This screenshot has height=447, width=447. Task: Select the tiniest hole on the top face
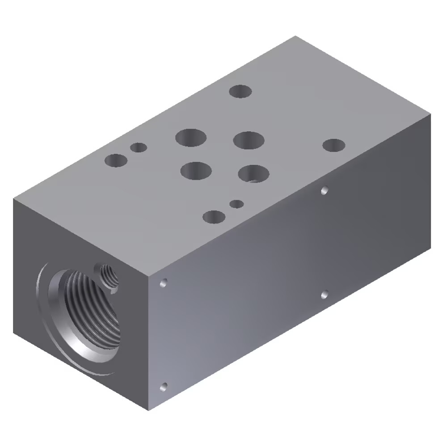236,204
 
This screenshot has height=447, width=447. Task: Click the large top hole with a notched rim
253,174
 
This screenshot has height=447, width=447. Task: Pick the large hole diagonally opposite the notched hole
191,137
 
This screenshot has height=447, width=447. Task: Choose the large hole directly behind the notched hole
248,140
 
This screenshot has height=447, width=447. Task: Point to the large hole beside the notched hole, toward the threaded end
196,170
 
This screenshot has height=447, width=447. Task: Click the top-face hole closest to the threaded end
116,160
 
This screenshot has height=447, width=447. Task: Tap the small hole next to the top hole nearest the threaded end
139,147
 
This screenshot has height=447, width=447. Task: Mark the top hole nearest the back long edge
240,92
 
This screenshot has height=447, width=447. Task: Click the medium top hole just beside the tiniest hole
214,217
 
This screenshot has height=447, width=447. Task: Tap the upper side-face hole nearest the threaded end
164,283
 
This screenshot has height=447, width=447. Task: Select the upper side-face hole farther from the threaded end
325,190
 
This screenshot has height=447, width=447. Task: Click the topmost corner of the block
295,37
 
